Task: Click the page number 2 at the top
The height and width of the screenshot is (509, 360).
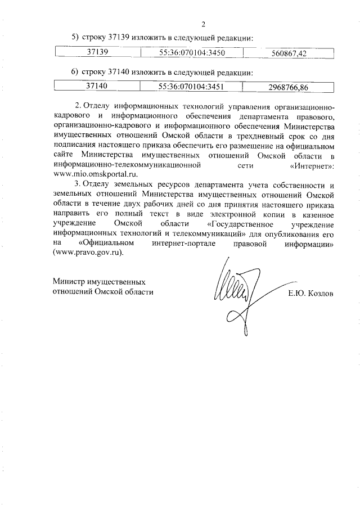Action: tap(204, 24)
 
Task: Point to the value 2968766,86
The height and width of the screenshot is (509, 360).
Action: tap(289, 87)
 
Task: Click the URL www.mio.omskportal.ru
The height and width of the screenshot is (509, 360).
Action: tap(94, 174)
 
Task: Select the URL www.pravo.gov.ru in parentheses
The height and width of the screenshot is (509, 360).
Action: tap(87, 253)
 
